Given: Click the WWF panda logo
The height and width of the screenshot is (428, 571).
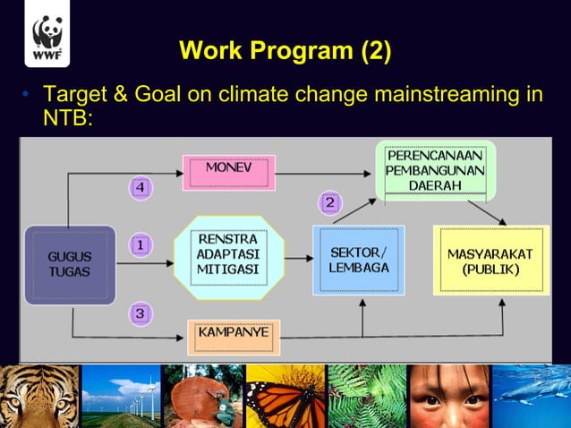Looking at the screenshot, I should pyautogui.click(x=47, y=39).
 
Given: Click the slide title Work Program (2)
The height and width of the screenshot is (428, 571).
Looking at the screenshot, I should pyautogui.click(x=285, y=50).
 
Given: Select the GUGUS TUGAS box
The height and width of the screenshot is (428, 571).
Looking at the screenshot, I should pyautogui.click(x=69, y=264).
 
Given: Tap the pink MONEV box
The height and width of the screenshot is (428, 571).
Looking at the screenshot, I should pyautogui.click(x=228, y=171).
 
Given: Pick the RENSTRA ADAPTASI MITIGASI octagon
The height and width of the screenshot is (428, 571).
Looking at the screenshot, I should pyautogui.click(x=228, y=255).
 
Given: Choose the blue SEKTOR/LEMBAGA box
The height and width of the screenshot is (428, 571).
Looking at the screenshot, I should pyautogui.click(x=358, y=260).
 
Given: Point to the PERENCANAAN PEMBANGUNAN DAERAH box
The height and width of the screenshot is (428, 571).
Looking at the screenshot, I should pyautogui.click(x=435, y=170).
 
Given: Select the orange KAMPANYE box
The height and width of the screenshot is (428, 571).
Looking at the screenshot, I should pyautogui.click(x=233, y=337).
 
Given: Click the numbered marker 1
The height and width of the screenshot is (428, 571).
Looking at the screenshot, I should pyautogui.click(x=141, y=244).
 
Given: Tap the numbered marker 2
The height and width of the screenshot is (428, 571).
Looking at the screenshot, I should pyautogui.click(x=329, y=202).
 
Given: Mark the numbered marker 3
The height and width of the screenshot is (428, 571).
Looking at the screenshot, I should pyautogui.click(x=141, y=313).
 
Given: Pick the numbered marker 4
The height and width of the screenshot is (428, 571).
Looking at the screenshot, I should pyautogui.click(x=141, y=187).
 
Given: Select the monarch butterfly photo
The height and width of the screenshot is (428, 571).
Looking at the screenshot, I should pyautogui.click(x=285, y=396).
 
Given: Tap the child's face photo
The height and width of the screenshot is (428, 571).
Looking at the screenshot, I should pyautogui.click(x=448, y=396).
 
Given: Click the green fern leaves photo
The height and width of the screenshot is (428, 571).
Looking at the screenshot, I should pyautogui.click(x=367, y=396).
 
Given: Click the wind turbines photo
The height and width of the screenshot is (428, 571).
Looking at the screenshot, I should pyautogui.click(x=121, y=396).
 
